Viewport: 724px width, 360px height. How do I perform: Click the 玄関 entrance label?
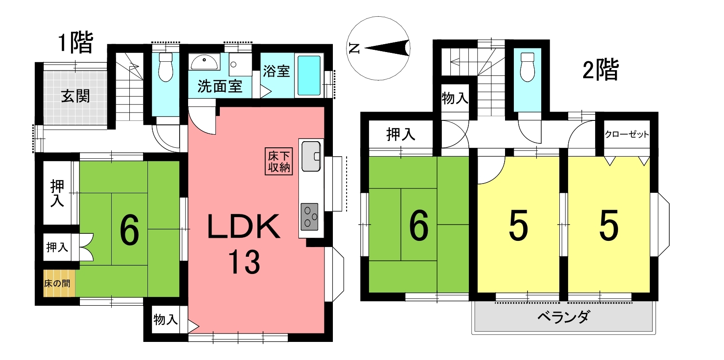click(x=75, y=96)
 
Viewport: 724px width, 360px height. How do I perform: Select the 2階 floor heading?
click(x=600, y=69)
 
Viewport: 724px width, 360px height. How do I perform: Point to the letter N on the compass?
click(x=354, y=49)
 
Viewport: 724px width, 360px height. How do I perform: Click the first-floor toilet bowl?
click(x=166, y=67)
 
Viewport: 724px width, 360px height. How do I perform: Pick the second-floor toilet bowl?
click(x=528, y=67)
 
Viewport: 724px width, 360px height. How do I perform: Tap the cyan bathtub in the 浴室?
click(x=309, y=75)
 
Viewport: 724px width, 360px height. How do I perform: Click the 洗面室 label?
click(x=220, y=86)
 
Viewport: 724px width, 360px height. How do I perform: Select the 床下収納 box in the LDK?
click(x=279, y=161)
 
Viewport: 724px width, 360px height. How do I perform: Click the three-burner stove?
click(x=309, y=217)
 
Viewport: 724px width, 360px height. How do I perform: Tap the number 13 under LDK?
click(x=244, y=262)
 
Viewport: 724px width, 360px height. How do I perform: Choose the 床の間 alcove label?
click(x=57, y=284)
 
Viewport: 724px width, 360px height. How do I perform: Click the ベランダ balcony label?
click(x=564, y=317)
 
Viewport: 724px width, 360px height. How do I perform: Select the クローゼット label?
click(x=627, y=135)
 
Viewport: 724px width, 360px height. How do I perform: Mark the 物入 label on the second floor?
click(x=455, y=98)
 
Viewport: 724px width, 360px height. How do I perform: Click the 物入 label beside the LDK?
click(x=166, y=320)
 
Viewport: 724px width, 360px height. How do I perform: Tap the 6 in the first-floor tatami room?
click(x=130, y=230)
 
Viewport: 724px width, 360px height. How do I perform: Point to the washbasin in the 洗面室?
click(x=204, y=62)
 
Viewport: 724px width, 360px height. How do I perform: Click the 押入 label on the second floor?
click(x=401, y=134)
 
